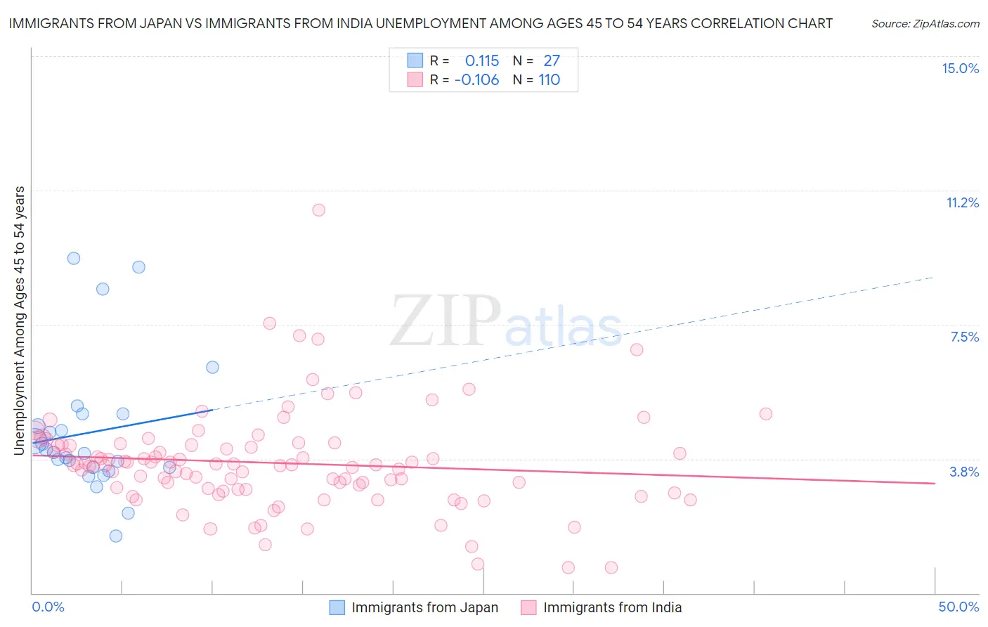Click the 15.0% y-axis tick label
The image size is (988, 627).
(960, 68)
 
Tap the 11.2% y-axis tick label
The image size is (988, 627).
(962, 202)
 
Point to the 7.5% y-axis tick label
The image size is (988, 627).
(964, 337)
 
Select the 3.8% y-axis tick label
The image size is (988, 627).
(964, 472)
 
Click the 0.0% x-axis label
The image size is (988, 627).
(48, 607)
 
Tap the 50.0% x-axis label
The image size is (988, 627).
(958, 607)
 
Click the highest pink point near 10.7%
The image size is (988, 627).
(318, 209)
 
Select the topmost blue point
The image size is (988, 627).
(73, 258)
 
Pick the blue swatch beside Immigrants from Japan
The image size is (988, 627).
(337, 607)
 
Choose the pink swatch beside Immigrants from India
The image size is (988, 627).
(528, 607)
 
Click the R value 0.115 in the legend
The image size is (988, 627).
(482, 61)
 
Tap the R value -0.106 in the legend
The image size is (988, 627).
(477, 80)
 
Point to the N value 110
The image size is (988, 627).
(550, 80)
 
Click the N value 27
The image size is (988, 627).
(552, 61)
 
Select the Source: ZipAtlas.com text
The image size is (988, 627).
(925, 24)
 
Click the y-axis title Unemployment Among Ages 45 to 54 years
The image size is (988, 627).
(20, 321)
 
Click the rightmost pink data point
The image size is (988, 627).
(766, 414)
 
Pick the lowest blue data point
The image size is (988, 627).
(116, 536)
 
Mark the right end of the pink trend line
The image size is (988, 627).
(935, 484)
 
